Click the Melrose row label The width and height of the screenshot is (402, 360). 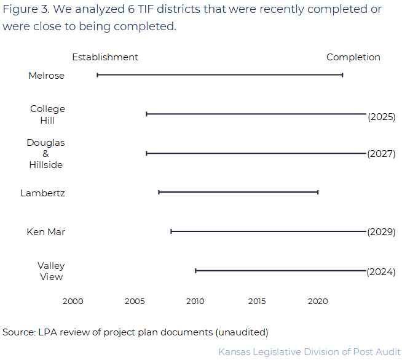coord(46,76)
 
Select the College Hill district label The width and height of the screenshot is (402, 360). coord(47,114)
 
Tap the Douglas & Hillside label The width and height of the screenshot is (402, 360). coord(45,153)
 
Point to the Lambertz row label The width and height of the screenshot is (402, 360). coord(42,193)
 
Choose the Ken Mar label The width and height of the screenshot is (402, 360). coord(45,232)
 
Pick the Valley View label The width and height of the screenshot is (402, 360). coord(51,271)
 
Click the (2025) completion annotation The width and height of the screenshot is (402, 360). coord(381,116)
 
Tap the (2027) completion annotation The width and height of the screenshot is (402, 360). coord(381,154)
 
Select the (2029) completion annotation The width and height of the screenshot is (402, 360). coord(381,232)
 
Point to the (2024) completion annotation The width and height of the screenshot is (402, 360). coord(381,271)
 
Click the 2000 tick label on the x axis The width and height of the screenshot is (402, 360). coord(73,302)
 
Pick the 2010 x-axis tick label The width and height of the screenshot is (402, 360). coord(195,302)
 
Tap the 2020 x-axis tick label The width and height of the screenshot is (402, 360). coord(318,302)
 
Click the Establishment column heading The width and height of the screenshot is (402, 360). coord(105,57)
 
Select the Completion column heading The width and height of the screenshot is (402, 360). coord(353,57)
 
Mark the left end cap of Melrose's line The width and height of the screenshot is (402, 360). coord(97,75)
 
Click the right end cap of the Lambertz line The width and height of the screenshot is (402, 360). coord(318,192)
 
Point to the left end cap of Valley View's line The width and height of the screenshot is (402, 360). coord(195,271)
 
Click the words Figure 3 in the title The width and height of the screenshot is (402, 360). coord(23,9)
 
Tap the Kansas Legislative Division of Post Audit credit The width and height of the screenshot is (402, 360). coord(309,351)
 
